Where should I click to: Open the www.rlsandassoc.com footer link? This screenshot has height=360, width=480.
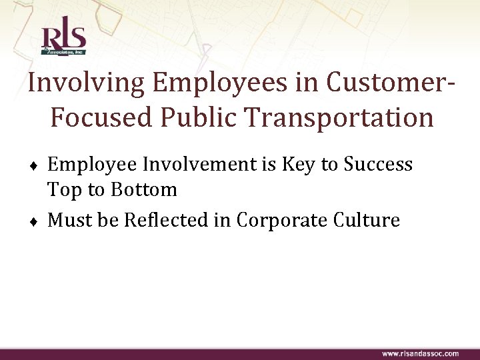pos(420,353)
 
